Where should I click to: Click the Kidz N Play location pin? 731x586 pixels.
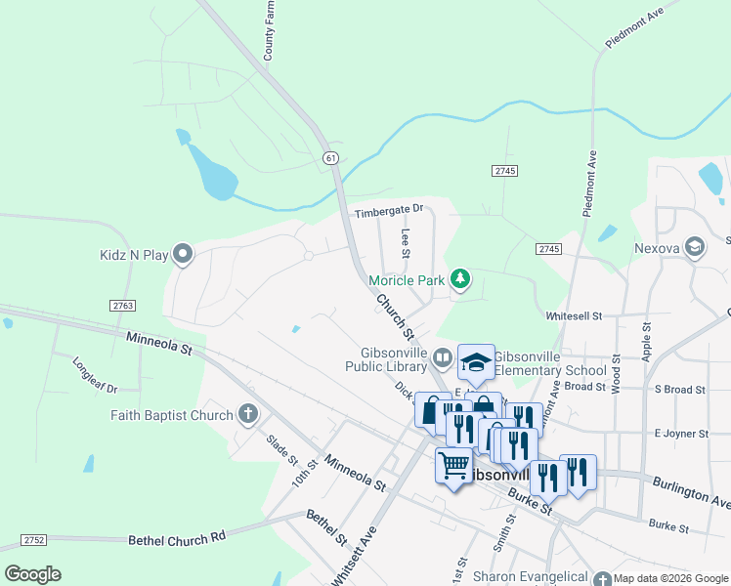(x=183, y=255)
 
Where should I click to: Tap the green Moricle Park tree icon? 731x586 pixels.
(x=460, y=280)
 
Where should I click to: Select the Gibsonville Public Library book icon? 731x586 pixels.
(x=442, y=357)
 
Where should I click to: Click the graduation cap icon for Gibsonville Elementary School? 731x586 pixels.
(x=476, y=363)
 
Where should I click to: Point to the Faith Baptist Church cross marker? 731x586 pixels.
(x=248, y=414)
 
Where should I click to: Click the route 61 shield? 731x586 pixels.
(x=332, y=157)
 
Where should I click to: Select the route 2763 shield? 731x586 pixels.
(x=123, y=306)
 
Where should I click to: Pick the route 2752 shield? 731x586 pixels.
(x=34, y=539)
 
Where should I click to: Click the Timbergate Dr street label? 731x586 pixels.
(x=389, y=209)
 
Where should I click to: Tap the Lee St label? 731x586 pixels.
(x=406, y=244)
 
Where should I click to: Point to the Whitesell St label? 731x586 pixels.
(x=574, y=315)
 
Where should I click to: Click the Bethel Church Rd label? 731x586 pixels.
(x=177, y=538)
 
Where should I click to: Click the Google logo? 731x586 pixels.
(x=32, y=574)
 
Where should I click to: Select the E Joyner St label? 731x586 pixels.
(x=680, y=433)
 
